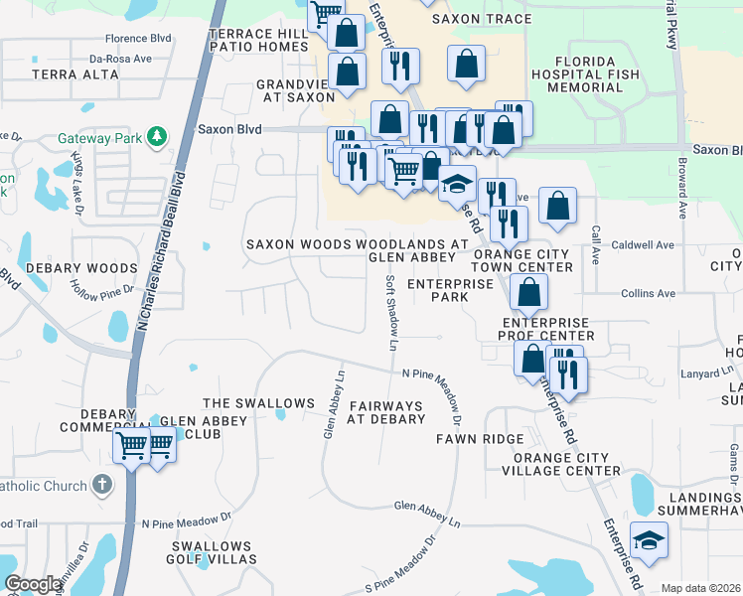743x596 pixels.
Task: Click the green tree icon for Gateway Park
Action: click(156, 136)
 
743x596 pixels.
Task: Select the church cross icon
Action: click(101, 485)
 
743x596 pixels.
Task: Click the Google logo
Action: click(33, 584)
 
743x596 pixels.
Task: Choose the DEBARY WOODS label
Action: click(81, 268)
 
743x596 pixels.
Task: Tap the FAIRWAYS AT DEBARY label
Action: click(385, 412)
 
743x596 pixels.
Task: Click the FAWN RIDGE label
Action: click(479, 438)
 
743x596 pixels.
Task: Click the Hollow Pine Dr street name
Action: click(101, 290)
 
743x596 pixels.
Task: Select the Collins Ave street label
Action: click(648, 293)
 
